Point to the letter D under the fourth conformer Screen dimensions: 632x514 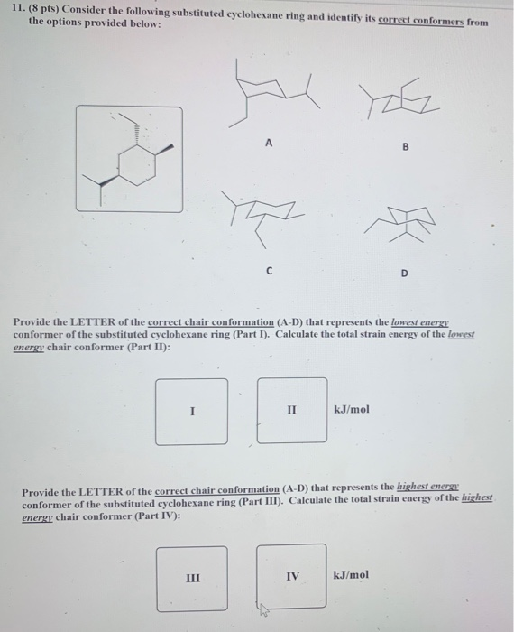[x=405, y=272]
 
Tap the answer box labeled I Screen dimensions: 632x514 [x=190, y=410]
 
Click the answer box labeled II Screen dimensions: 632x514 [x=291, y=410]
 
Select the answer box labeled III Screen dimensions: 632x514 [x=190, y=576]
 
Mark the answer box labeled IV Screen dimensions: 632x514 [x=291, y=575]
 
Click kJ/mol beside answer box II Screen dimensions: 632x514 [x=352, y=409]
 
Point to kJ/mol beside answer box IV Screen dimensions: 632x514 [x=352, y=575]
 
